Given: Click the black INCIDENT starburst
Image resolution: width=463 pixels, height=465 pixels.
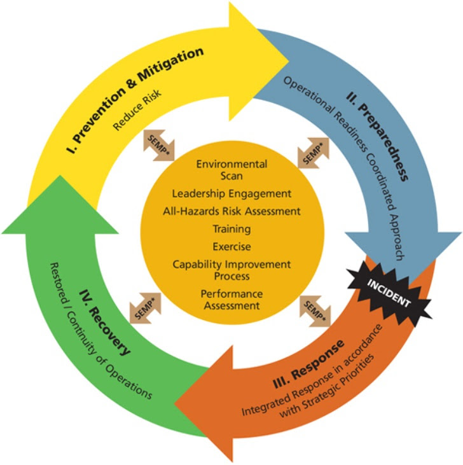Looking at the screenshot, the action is coord(389,293).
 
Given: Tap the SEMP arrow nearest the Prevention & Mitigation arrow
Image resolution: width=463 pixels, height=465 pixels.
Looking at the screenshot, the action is coord(159,145).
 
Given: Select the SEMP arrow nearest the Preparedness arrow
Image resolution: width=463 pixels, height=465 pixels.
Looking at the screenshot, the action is coord(314,153).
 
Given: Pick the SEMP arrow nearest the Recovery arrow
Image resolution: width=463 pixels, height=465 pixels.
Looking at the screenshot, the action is coord(145,308).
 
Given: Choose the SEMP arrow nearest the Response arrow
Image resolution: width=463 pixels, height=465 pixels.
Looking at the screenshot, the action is coord(315,311).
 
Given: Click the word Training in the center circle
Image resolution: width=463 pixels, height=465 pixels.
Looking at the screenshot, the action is coord(231,229).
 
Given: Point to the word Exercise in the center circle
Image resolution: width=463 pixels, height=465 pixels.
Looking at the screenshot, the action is coord(231,246).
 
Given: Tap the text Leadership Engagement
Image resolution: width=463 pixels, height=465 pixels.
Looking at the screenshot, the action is coord(231,193).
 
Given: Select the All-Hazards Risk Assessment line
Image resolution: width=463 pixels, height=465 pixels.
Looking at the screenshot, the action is coord(231,211).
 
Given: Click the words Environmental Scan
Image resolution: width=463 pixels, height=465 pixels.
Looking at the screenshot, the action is coord(231,170).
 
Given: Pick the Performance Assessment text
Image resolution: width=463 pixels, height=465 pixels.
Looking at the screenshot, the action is coord(231,300).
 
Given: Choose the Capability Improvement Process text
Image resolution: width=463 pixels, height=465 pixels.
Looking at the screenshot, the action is coord(231,270).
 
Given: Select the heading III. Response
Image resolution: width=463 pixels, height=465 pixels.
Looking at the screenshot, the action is coord(308,364).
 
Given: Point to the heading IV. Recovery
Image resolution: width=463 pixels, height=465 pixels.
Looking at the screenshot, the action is coord(104,323).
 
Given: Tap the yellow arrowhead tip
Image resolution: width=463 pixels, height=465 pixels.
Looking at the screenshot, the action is coord(289,62).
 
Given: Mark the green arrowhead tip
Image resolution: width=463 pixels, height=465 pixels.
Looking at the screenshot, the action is coord(60,176).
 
